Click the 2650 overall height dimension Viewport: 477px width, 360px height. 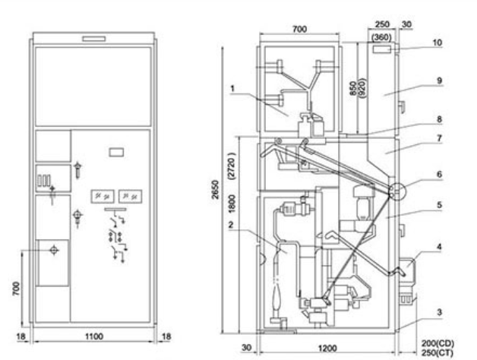pyautogui.click(x=216, y=191)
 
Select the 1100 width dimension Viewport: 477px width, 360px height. pyautogui.click(x=93, y=335)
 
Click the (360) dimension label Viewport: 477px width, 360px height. pyautogui.click(x=383, y=35)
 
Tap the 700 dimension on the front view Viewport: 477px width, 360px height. pyautogui.click(x=27, y=286)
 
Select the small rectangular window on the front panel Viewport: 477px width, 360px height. pyautogui.click(x=116, y=152)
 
